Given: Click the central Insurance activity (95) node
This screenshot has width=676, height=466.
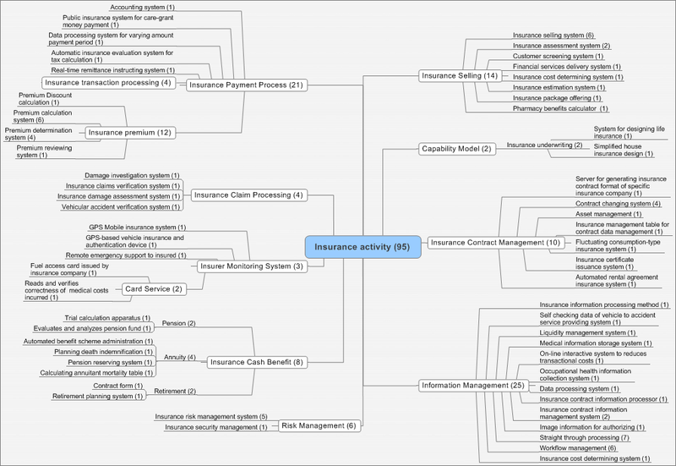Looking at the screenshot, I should [x=363, y=246].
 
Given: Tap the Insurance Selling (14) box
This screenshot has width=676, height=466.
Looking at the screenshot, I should [x=458, y=76].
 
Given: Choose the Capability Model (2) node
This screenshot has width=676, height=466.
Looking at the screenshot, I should [x=455, y=149].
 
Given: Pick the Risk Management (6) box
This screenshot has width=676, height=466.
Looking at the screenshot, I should [x=319, y=425].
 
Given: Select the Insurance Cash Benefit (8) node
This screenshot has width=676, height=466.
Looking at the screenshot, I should [x=256, y=362].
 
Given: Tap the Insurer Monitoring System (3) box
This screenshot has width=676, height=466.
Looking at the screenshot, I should [x=251, y=266].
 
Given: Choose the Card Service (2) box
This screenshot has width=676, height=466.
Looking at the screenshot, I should [x=153, y=288].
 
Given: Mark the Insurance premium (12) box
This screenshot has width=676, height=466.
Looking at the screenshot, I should [x=129, y=132].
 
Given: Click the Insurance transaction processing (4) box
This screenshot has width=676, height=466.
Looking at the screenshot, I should [x=108, y=82].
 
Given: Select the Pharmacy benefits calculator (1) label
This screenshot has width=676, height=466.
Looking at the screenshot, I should [x=560, y=108].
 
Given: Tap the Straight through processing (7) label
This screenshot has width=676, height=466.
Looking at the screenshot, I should [x=582, y=437].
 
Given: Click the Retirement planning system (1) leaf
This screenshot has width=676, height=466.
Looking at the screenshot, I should [x=98, y=396].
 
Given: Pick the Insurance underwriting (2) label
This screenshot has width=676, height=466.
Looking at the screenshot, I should [x=544, y=145].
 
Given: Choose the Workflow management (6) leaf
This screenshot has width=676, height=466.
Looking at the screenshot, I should [x=579, y=448].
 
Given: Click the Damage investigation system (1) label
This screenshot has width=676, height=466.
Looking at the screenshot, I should [x=137, y=175].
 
